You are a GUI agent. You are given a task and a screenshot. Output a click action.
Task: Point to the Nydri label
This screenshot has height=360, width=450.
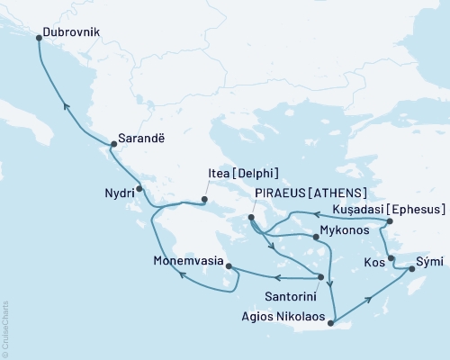[x=113, y=191]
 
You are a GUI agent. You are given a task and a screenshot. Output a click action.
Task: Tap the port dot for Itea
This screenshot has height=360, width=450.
[x=205, y=200]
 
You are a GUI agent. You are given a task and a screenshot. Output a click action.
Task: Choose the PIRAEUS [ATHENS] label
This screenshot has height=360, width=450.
[x=311, y=193]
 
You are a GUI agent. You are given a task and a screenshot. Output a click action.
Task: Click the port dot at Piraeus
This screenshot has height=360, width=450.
[x=251, y=217]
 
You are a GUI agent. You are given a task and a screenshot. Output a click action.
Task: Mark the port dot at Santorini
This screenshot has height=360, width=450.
[x=321, y=277]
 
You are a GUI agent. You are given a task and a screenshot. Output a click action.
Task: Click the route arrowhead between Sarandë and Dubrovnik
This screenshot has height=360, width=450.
[x=65, y=105]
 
